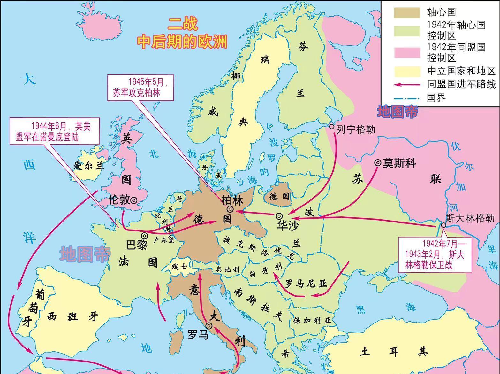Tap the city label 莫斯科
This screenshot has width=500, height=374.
coord(399,163)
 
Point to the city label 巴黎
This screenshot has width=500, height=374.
coord(136,245)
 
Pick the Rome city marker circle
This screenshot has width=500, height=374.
coord(209,326)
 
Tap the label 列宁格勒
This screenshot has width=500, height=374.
coord(355,129)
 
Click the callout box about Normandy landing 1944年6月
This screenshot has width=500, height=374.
coord(54,131)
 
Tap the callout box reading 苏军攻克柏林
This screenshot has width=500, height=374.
coord(140,87)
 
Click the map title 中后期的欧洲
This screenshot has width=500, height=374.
coord(182,41)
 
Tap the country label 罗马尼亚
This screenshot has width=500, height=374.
coord(306,283)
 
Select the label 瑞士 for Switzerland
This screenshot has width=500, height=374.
coord(179,266)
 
